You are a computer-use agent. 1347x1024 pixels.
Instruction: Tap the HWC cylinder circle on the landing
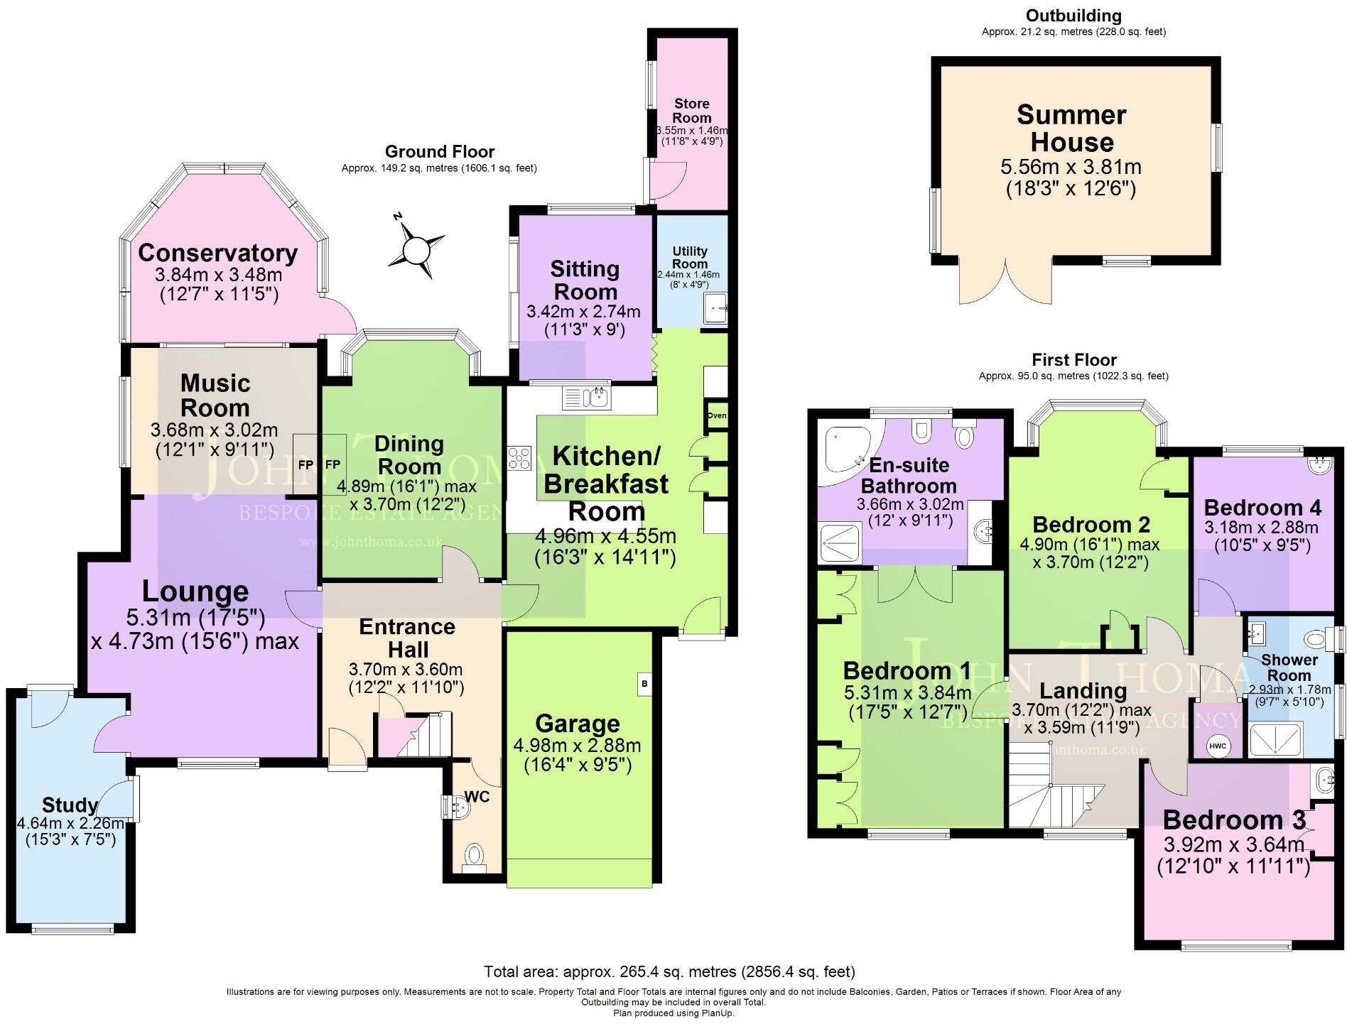click(x=1216, y=746)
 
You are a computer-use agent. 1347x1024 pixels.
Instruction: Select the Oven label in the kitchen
click(x=717, y=415)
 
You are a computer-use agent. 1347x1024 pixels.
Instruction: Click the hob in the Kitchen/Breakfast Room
click(x=519, y=457)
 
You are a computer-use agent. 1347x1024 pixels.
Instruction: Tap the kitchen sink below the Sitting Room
click(x=587, y=398)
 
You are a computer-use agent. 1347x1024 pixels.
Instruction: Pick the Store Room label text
click(x=692, y=111)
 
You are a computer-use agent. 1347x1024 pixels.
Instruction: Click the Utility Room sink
click(x=715, y=309)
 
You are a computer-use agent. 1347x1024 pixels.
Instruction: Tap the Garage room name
click(x=578, y=724)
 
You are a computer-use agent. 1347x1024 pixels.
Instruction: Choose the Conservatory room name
click(x=218, y=253)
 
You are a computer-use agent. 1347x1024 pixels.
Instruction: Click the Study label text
click(x=70, y=805)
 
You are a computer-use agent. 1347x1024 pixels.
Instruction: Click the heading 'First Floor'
click(x=1074, y=360)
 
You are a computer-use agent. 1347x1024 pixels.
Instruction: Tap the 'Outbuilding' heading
click(x=1073, y=16)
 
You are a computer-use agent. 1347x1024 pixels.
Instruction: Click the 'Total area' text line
click(x=669, y=971)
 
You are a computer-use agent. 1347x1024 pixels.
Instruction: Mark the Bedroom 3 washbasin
click(x=1325, y=780)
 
